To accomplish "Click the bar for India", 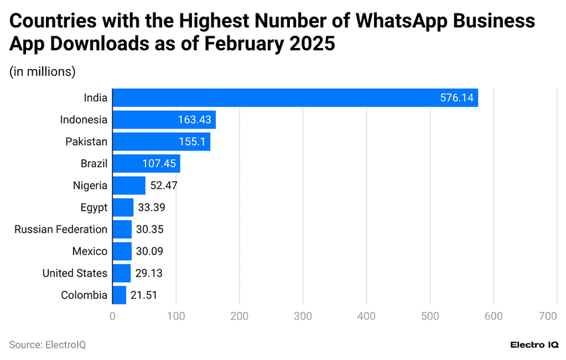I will (295, 97).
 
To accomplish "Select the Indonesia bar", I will (164, 119).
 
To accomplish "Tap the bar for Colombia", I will (119, 295).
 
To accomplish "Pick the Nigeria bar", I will (129, 186).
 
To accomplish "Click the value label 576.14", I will (456, 98).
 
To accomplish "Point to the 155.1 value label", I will (191, 142).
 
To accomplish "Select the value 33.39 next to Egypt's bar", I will (152, 208).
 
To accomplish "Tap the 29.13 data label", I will (149, 273).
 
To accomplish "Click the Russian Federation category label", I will (61, 229).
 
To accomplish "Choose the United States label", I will (75, 273).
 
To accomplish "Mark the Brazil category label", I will (94, 164).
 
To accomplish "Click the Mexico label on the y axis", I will (89, 251).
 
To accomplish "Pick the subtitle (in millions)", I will (42, 71).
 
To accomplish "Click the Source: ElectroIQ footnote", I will (48, 344).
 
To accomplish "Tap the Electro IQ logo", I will (534, 344).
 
